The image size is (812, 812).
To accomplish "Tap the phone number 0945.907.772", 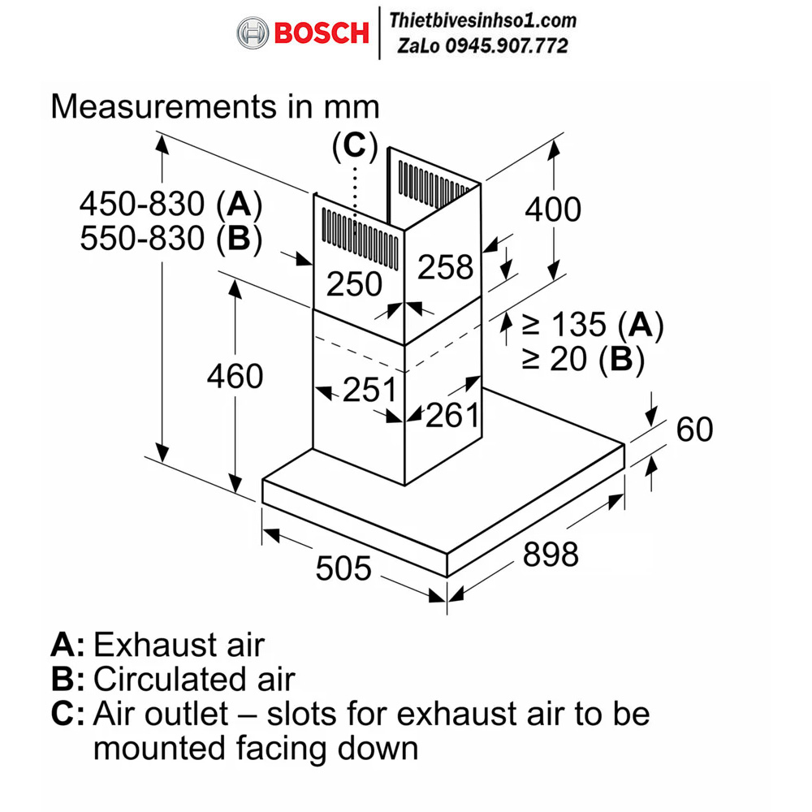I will (516, 46).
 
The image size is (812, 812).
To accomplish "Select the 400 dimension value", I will (553, 209).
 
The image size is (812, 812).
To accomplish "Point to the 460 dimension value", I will (235, 376).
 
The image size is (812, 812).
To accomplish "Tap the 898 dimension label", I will (551, 555).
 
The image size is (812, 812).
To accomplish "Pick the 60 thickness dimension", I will (693, 429).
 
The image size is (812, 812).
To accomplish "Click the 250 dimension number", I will (354, 283).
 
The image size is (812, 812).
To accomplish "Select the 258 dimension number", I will (445, 267).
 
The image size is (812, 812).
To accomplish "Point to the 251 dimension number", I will (369, 390).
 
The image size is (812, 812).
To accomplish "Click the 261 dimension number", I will (453, 415).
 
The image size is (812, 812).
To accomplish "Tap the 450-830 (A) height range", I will (170, 202).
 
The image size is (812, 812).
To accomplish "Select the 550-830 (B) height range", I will (170, 238).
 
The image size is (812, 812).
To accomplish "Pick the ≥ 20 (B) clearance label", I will (582, 360).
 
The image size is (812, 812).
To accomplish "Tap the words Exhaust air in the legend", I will (179, 645).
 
